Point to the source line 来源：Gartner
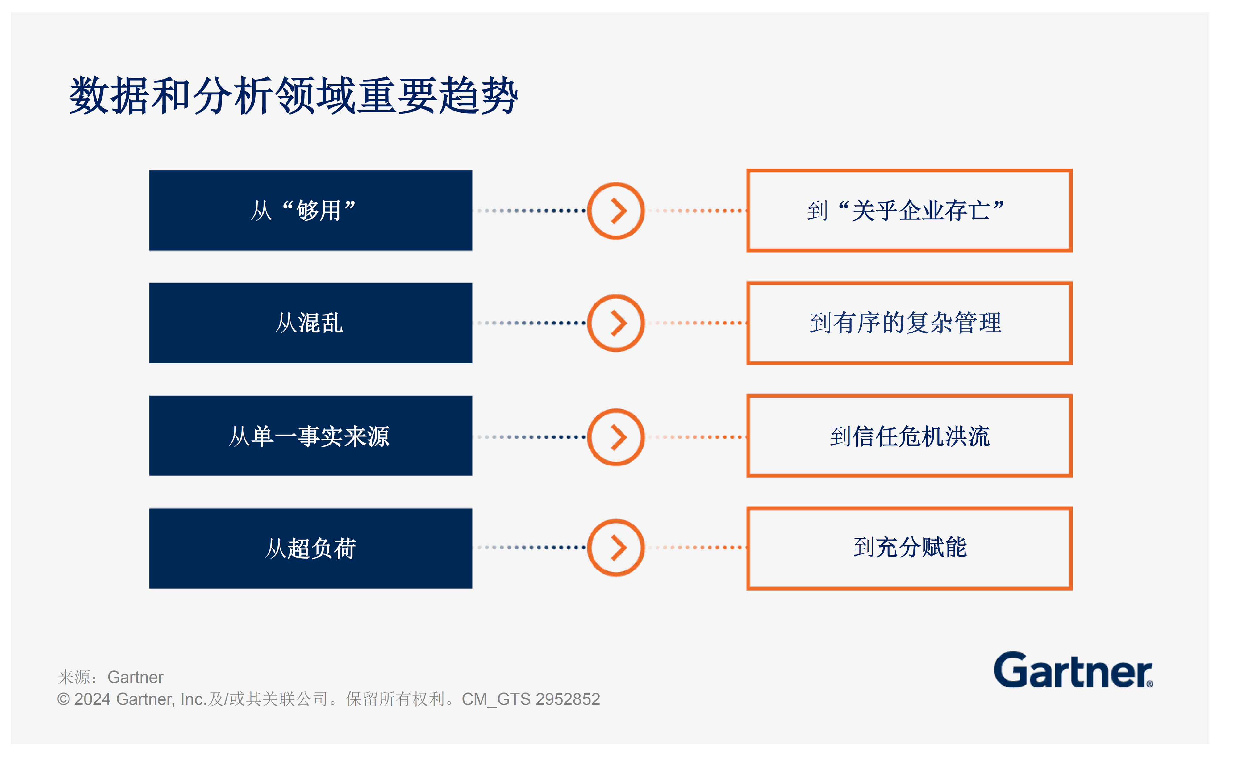point(110,677)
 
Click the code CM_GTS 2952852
point(531,699)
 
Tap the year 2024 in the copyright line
point(92,699)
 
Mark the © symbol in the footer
point(63,699)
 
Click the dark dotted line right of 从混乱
point(530,323)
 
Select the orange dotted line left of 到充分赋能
point(700,548)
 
